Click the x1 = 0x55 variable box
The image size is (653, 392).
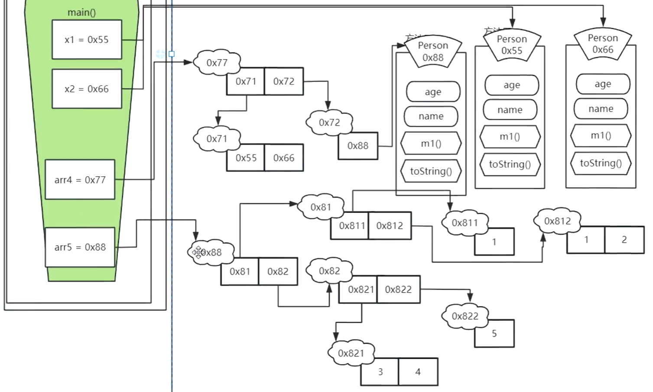pyautogui.click(x=87, y=40)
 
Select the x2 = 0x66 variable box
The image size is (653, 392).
pyautogui.click(x=87, y=89)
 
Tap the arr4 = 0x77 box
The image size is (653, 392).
pyautogui.click(x=80, y=180)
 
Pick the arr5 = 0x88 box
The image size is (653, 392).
pyautogui.click(x=80, y=247)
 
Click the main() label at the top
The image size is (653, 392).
pyautogui.click(x=81, y=13)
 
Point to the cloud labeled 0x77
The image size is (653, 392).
pyautogui.click(x=217, y=63)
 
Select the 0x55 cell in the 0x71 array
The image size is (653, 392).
pyautogui.click(x=246, y=158)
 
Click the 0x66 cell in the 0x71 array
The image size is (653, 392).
pyautogui.click(x=284, y=158)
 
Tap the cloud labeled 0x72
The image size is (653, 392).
pyautogui.click(x=329, y=122)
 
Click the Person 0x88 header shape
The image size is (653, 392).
pyautogui.click(x=432, y=52)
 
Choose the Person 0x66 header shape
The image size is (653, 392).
pyautogui.click(x=602, y=44)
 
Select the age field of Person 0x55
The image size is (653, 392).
pyautogui.click(x=511, y=85)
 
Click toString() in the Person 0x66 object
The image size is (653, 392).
pyautogui.click(x=601, y=163)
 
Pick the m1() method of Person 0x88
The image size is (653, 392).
pyautogui.click(x=431, y=144)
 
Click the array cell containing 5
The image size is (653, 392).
pyautogui.click(x=494, y=334)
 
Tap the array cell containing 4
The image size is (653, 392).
pyautogui.click(x=418, y=372)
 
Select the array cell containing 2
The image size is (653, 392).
pyautogui.click(x=624, y=240)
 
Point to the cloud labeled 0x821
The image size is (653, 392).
pyautogui.click(x=351, y=353)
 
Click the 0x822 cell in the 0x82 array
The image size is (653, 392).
pyautogui.click(x=398, y=290)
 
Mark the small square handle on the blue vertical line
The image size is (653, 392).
pyautogui.click(x=172, y=54)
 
